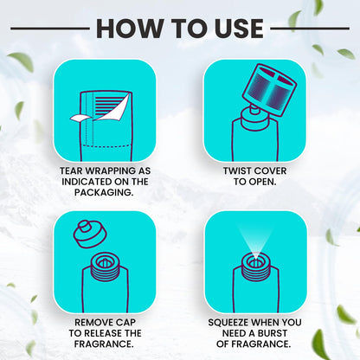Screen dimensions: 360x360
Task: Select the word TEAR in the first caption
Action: [x=71, y=170]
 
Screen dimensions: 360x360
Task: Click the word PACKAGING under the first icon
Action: [x=104, y=192]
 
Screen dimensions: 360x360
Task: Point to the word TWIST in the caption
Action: [x=237, y=170]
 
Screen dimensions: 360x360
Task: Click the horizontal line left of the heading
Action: [x=50, y=29]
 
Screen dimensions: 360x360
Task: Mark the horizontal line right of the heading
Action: [x=310, y=29]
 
